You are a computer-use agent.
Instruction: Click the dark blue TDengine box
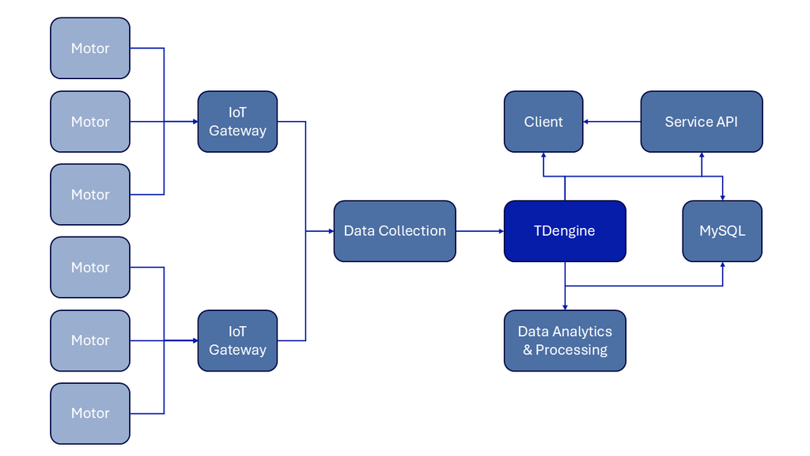[565, 231]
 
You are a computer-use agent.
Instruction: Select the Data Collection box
[395, 231]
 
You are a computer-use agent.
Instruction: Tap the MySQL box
[722, 231]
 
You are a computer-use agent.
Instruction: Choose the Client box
[543, 122]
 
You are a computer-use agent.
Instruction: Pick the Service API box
[701, 122]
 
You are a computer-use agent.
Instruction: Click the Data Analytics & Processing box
[565, 340]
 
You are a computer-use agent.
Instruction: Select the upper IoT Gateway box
[237, 122]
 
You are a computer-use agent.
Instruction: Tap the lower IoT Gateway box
[237, 340]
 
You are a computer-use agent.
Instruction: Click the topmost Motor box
[90, 48]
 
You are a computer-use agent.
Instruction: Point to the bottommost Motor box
[90, 413]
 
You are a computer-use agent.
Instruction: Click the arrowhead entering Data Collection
[331, 231]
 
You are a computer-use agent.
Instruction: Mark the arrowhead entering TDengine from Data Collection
[501, 231]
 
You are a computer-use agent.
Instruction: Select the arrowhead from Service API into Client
[587, 122]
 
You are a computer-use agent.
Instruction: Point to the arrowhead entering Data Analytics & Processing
[565, 307]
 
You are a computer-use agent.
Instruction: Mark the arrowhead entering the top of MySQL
[722, 197]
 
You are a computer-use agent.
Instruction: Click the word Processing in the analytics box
[571, 350]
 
